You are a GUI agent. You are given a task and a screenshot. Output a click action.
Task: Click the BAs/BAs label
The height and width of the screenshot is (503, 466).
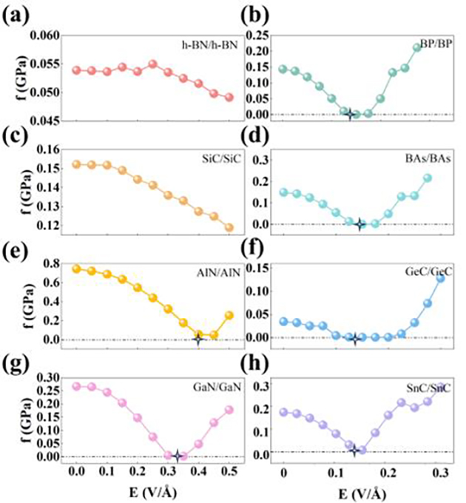428,160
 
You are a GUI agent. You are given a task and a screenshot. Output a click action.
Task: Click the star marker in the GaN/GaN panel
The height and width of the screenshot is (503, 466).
177,456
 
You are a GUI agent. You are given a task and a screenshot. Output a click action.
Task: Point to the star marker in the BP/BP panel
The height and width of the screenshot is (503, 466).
351,114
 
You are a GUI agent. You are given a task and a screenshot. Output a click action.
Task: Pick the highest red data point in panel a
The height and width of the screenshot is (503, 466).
153,64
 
